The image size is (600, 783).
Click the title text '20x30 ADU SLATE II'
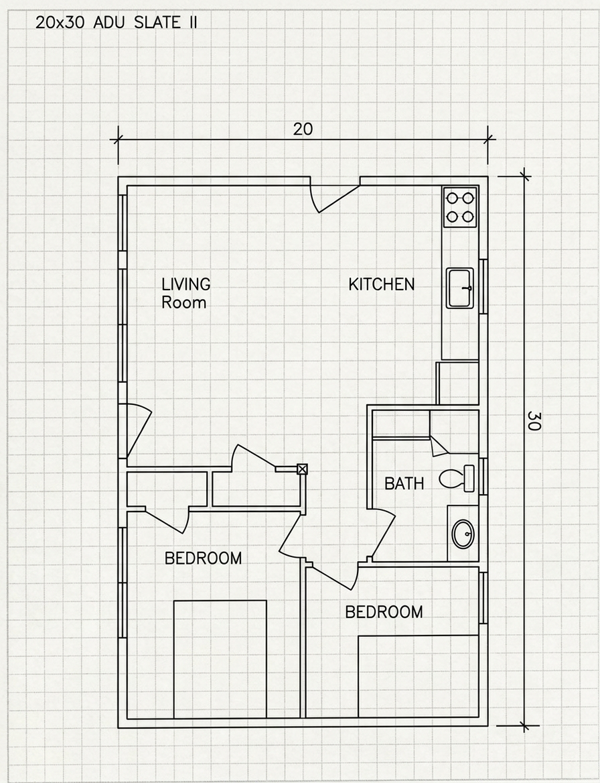coord(117,23)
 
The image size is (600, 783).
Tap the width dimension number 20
coord(303,129)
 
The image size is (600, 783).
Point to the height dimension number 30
coord(534,421)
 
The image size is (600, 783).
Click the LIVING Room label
coord(185,293)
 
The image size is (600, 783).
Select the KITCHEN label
coord(382,284)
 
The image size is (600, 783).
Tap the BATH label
coord(404,483)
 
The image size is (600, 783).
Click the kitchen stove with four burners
coord(460,207)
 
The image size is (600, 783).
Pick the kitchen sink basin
coord(460,288)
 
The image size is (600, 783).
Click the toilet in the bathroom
coord(457,479)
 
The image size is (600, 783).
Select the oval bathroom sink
coord(463,534)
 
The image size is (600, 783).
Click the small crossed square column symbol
coord(302,469)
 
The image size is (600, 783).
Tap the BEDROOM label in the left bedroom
coord(203,558)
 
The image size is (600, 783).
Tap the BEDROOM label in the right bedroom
coord(384,611)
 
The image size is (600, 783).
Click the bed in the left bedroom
coord(220,659)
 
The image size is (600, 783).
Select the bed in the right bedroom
coord(419,676)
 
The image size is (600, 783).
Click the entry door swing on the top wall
coord(335,198)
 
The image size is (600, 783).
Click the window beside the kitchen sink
coord(483,287)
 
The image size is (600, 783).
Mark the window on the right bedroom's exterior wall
coord(483,598)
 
